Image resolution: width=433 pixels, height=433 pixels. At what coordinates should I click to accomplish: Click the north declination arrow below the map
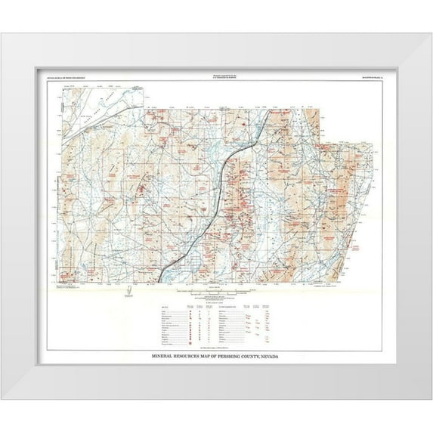click(130, 291)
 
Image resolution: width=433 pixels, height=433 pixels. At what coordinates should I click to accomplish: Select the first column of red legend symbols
click(175, 323)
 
